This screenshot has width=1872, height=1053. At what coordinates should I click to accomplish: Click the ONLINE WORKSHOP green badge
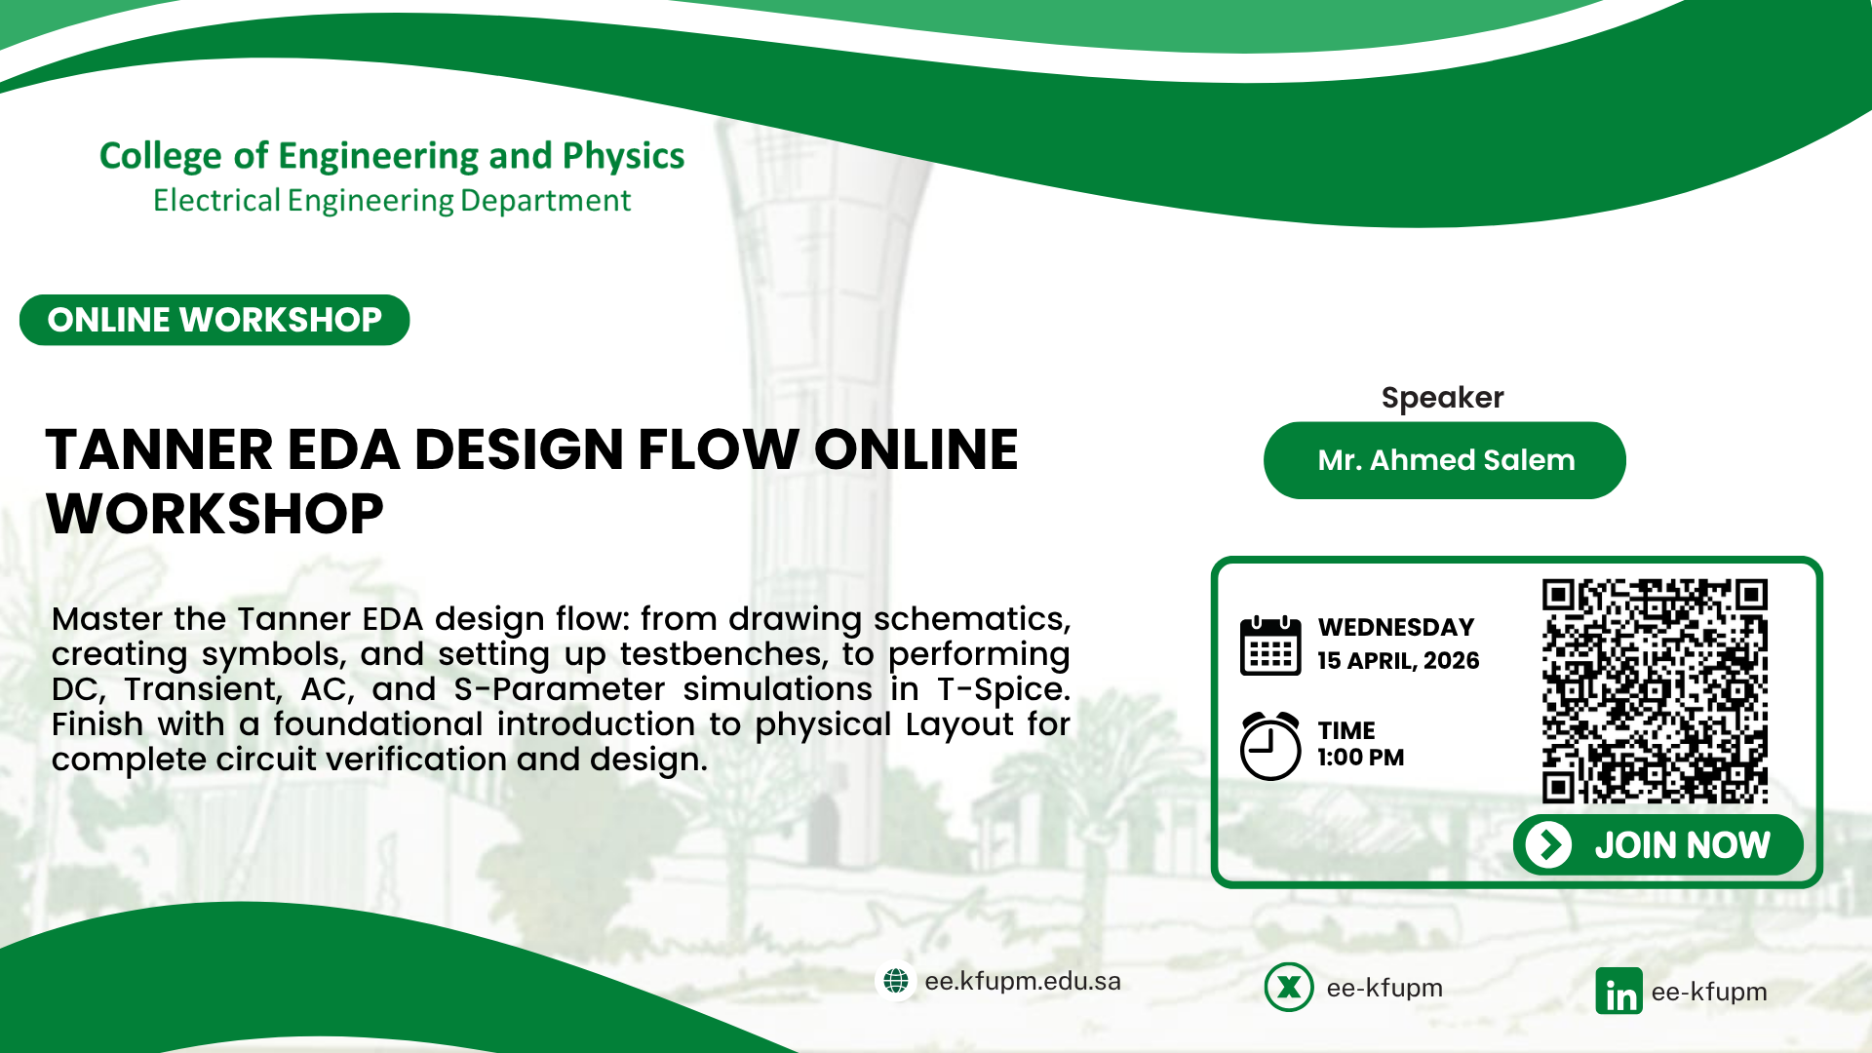(214, 320)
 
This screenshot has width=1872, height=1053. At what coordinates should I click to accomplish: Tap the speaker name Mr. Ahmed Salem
(1445, 460)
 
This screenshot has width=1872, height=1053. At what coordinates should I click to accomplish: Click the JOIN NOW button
(1657, 844)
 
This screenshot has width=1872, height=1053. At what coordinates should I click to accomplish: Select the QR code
(1655, 691)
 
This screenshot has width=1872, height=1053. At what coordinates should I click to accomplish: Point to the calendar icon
(1270, 645)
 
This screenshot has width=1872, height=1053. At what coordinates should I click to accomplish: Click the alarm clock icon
(1270, 746)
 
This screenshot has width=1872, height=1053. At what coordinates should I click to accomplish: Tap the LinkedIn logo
(1618, 991)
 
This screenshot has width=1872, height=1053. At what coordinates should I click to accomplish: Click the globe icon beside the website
(896, 981)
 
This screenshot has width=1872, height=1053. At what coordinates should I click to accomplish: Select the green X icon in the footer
(1289, 987)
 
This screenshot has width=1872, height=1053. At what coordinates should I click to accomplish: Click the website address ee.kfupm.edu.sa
(1023, 981)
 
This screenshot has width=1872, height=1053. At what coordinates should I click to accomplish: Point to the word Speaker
(1443, 398)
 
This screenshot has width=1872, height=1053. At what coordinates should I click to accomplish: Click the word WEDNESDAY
(1396, 627)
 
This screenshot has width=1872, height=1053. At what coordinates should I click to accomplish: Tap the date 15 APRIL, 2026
(1398, 661)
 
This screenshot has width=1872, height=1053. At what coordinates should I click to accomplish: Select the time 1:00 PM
(1361, 758)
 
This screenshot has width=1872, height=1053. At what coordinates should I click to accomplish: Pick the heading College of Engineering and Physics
(392, 156)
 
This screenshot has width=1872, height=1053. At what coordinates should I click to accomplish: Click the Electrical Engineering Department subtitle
(392, 201)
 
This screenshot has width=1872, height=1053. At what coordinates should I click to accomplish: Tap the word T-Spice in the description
(1003, 689)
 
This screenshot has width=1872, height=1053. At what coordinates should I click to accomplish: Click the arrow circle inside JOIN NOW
(1549, 844)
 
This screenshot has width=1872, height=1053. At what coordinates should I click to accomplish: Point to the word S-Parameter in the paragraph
(560, 689)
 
